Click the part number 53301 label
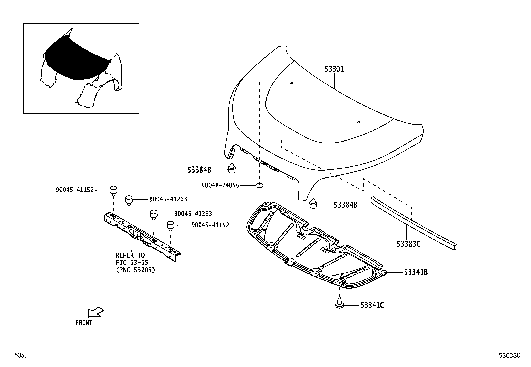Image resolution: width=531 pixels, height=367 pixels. pos(334,69)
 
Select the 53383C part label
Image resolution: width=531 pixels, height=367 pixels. pos(408,244)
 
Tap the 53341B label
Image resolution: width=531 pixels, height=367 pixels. pos(416,272)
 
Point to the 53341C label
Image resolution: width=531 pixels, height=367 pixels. pos(372,305)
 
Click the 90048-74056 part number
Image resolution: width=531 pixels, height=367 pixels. pos(220,185)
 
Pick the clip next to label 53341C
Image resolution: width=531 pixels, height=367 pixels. pos(339,303)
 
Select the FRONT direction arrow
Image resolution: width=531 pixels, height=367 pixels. pos(96,312)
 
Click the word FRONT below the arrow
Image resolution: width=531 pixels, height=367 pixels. pos(84,323)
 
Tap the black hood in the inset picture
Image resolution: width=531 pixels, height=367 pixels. pos(73,60)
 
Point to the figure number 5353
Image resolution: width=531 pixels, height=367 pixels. pos(21,356)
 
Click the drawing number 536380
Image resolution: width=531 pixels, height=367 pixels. pos(509,356)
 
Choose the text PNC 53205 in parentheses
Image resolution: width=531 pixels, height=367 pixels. pos(135,270)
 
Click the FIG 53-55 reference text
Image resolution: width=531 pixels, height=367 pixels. pos(132,263)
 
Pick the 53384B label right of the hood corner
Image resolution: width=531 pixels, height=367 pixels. pos(345,205)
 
